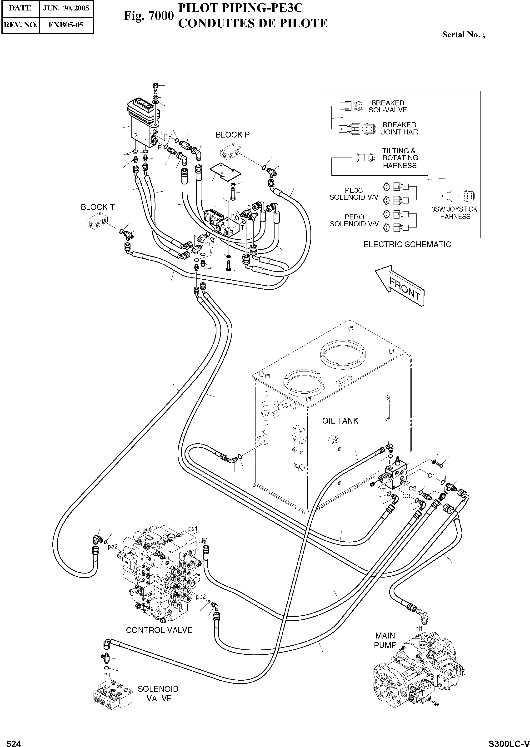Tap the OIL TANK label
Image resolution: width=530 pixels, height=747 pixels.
(x=340, y=421)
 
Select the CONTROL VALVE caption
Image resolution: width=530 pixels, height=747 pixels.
(x=159, y=630)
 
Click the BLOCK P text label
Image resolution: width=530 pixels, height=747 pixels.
(x=232, y=135)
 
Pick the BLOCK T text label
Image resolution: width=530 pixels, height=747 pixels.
(x=98, y=207)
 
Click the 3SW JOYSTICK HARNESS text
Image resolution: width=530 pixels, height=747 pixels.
(x=455, y=213)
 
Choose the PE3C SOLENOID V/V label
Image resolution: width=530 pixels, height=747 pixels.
(x=354, y=194)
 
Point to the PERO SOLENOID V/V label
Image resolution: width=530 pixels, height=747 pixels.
(x=354, y=221)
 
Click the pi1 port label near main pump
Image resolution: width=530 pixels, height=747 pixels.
(x=419, y=628)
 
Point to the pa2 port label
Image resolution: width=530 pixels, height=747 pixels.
(x=113, y=546)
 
